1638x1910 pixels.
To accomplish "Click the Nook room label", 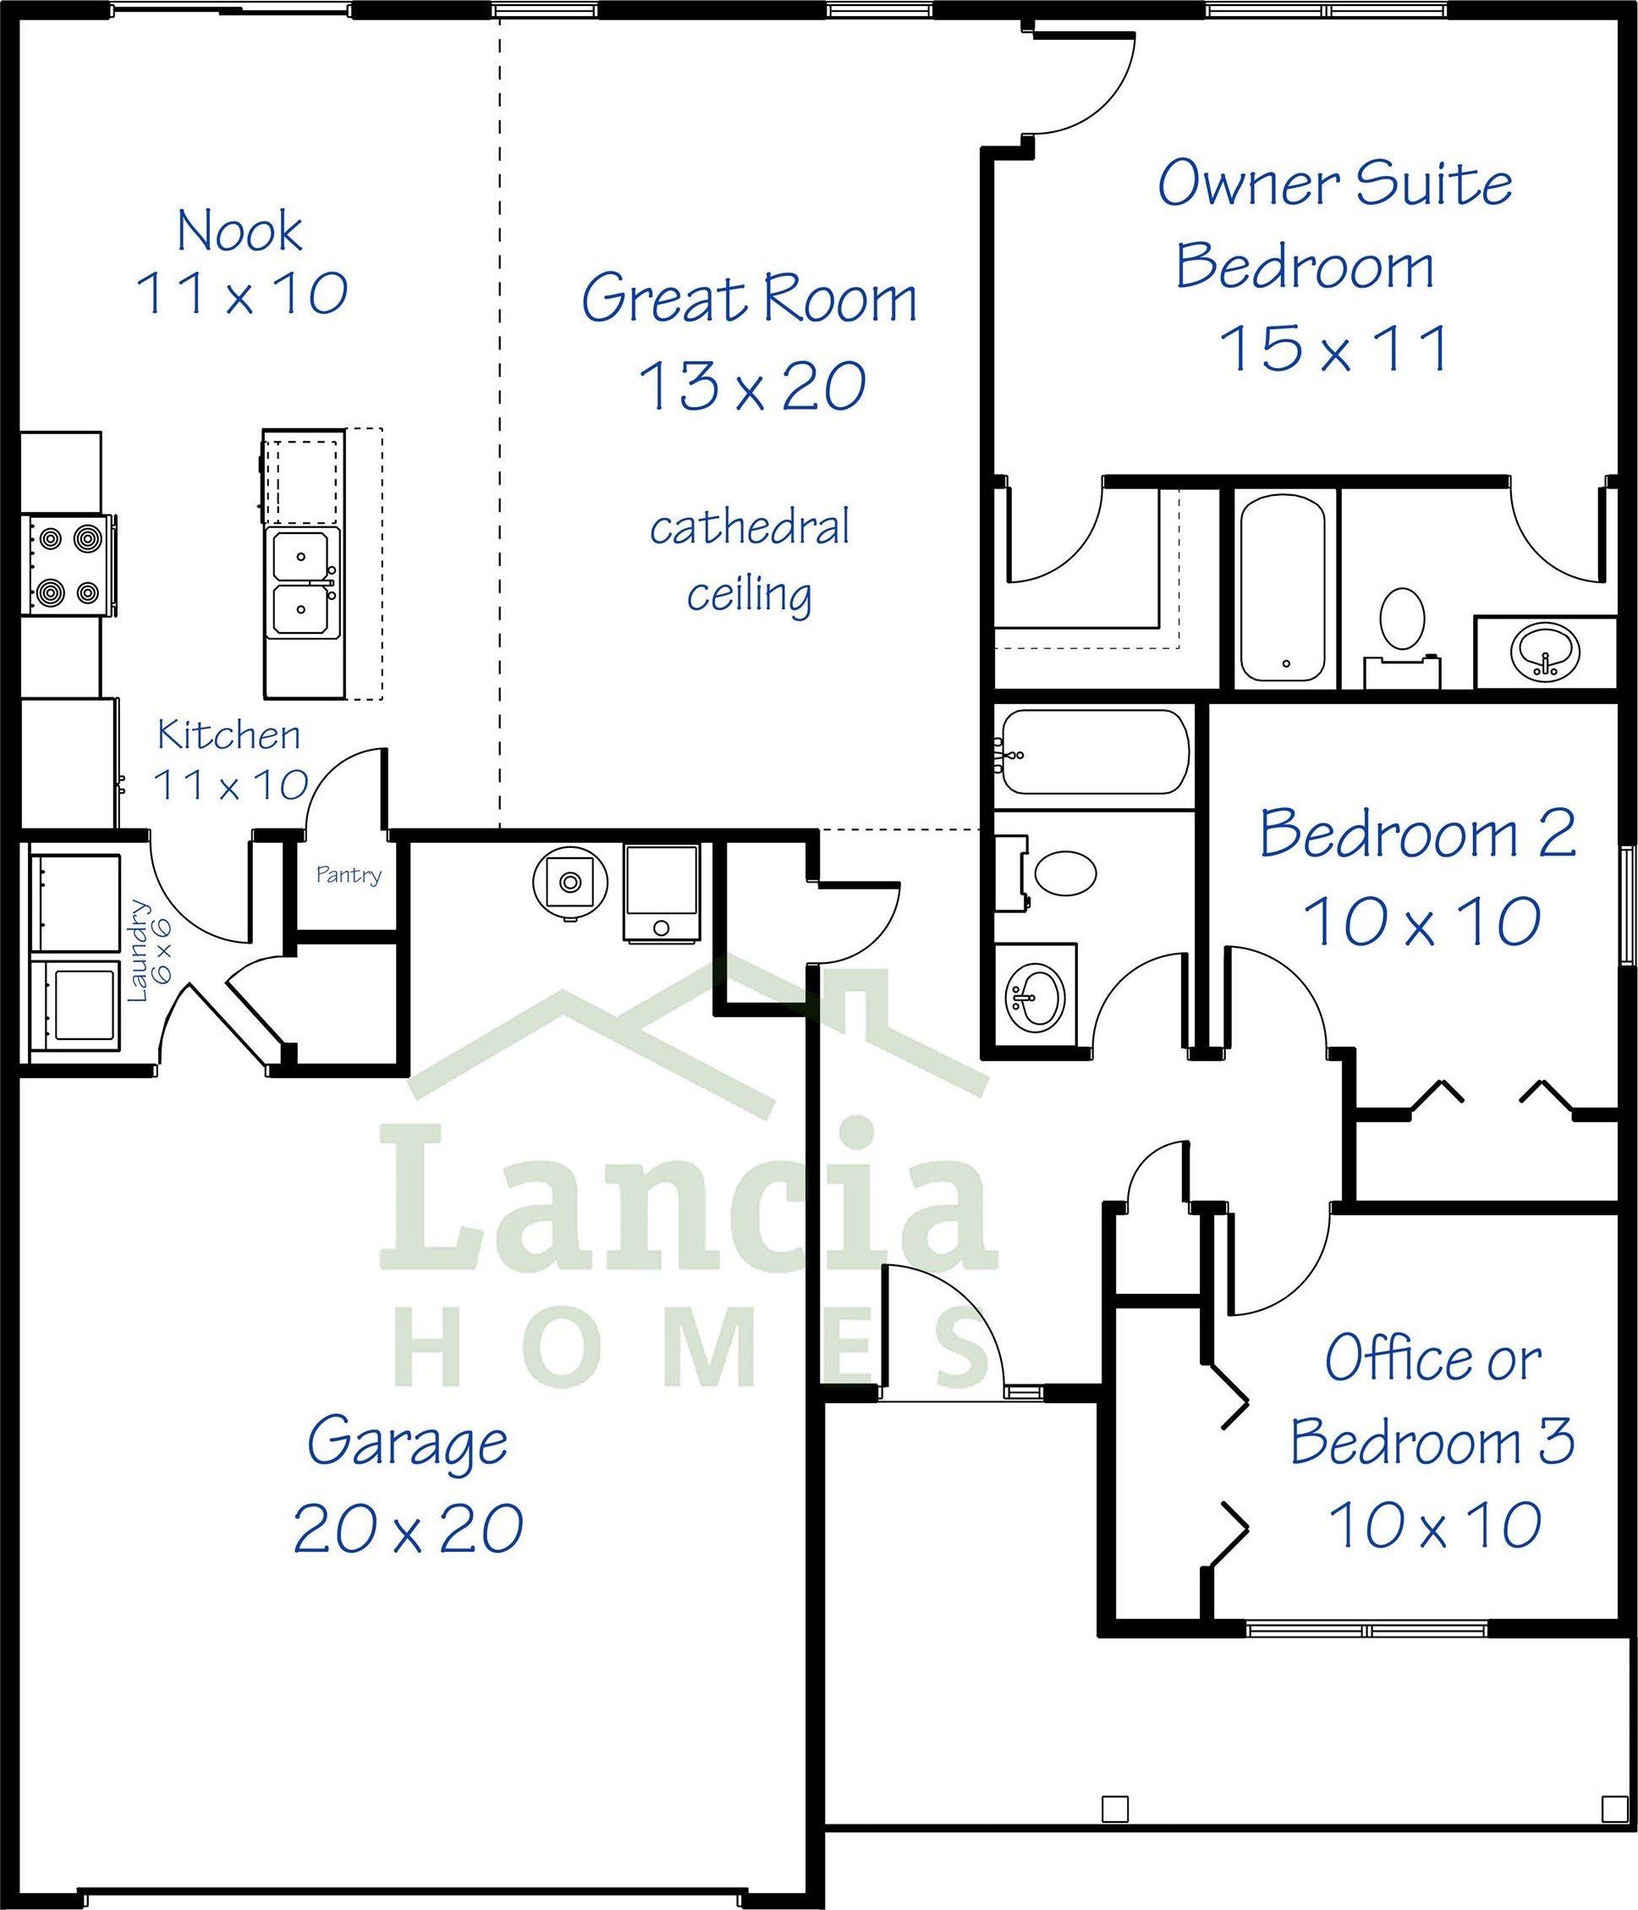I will [x=239, y=230].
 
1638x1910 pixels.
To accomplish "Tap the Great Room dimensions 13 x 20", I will [x=751, y=385].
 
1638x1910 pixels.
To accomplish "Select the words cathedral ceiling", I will [x=750, y=560].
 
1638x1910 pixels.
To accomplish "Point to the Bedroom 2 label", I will [x=1418, y=834].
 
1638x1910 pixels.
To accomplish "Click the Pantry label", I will [x=349, y=874].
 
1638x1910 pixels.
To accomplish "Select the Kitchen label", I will [x=228, y=735].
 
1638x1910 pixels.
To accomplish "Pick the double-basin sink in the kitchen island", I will [x=301, y=584].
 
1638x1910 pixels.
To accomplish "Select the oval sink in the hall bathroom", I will [x=1035, y=999].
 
